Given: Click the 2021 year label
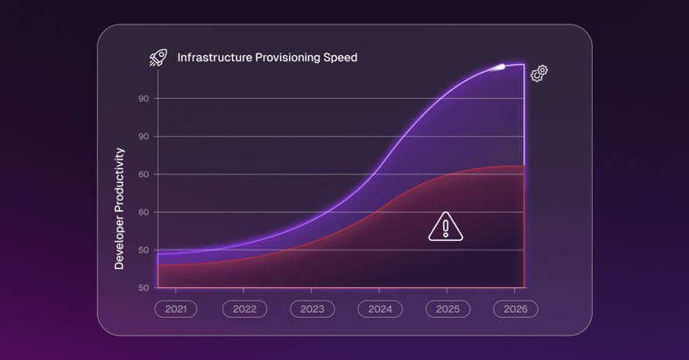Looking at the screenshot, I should click(176, 309).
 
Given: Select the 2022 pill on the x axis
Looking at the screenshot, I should click(244, 309).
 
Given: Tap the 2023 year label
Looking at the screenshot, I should click(312, 309).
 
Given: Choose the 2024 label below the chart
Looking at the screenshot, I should click(380, 309).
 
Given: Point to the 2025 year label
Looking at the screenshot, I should click(447, 309).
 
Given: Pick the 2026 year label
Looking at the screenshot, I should click(516, 309).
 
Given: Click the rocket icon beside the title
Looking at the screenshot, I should click(158, 58).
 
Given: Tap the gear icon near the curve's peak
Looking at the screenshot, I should click(539, 73).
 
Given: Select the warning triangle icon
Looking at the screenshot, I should click(446, 227).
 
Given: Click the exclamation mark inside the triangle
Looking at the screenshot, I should click(446, 229).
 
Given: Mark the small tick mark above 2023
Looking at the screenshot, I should click(312, 291).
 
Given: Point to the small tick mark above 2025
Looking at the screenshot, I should click(447, 291).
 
